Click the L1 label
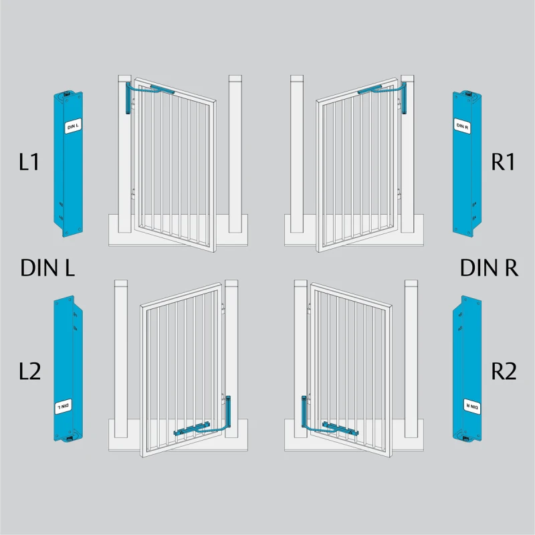point(29,162)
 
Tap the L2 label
point(29,371)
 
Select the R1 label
point(503,162)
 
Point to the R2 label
point(504,371)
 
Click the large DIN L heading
point(47,267)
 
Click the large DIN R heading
point(489,267)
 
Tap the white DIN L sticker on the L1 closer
point(73,126)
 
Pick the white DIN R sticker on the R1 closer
point(462,126)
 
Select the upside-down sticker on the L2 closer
point(64,406)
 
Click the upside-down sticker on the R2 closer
point(472,406)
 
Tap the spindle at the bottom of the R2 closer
point(466,439)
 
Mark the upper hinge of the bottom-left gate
point(223,309)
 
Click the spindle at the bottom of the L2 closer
point(70,439)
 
